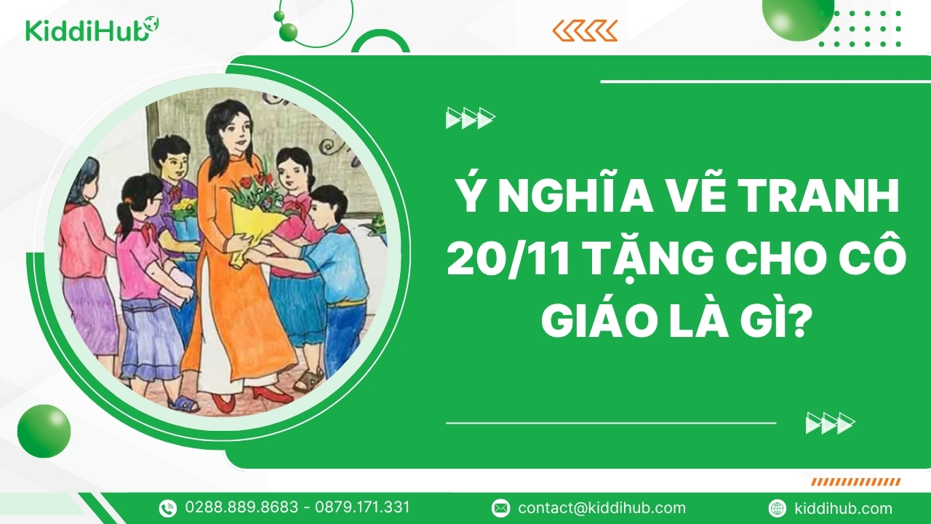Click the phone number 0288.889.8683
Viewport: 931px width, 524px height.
point(241,507)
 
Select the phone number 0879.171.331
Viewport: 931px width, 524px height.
point(362,507)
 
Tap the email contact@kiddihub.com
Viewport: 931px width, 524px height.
point(602,508)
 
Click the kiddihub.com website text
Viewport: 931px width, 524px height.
point(843,508)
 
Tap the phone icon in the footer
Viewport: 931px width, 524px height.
point(168,508)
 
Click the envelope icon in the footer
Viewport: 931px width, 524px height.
point(500,508)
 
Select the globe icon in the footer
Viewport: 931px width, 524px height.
point(778,508)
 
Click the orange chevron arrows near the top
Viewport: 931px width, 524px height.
point(585,31)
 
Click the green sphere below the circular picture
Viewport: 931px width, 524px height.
point(44,431)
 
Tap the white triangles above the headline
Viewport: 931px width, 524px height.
point(471,118)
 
